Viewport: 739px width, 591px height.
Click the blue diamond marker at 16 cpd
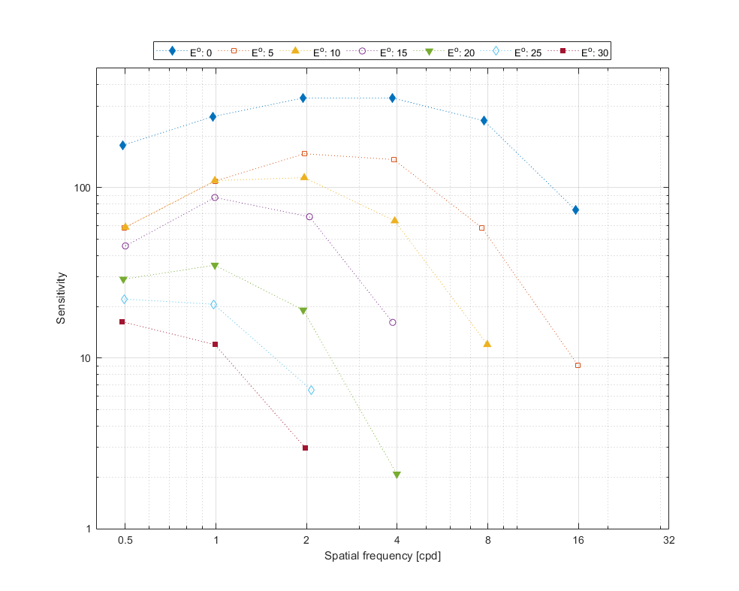pos(575,210)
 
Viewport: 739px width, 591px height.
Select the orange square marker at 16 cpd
pos(578,366)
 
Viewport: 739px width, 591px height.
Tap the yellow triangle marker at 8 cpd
pos(487,344)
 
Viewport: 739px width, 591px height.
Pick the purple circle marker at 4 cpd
pos(392,323)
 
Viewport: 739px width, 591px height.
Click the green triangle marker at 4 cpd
pos(397,475)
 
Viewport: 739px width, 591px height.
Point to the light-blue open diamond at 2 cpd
pos(311,390)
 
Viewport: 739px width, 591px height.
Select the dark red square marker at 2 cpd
pos(305,448)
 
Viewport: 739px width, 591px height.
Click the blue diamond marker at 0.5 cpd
pos(123,146)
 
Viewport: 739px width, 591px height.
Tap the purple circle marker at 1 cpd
pos(215,198)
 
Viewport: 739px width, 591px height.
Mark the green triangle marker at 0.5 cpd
pos(123,280)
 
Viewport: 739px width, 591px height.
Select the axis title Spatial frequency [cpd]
pos(382,556)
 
